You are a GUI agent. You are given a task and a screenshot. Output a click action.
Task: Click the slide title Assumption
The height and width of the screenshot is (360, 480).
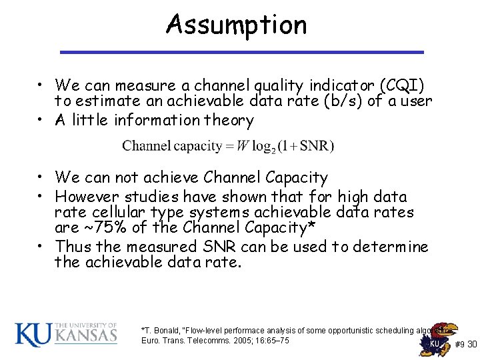[x=237, y=25]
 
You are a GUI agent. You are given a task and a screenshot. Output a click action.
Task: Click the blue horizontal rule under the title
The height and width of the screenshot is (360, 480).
[x=241, y=52]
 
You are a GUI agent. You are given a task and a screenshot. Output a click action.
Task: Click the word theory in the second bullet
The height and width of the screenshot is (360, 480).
[x=230, y=121]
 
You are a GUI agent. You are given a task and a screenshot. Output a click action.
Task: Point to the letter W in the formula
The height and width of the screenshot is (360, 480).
[x=243, y=146]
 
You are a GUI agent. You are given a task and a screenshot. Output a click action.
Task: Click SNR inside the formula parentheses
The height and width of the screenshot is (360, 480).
[x=317, y=146]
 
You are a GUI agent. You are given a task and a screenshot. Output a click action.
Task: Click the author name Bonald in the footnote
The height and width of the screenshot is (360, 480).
[x=166, y=330]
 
